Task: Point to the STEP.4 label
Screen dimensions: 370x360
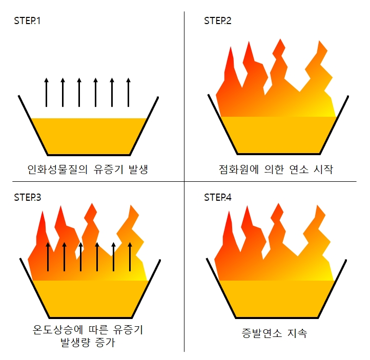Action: [x=218, y=197]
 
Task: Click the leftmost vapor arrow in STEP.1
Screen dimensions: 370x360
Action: [x=46, y=92]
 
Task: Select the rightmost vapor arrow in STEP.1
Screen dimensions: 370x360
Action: [x=128, y=92]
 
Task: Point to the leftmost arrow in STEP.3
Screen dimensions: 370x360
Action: [x=48, y=256]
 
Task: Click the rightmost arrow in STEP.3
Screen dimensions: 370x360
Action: [x=130, y=256]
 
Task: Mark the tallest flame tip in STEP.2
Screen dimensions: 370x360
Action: [x=280, y=40]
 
